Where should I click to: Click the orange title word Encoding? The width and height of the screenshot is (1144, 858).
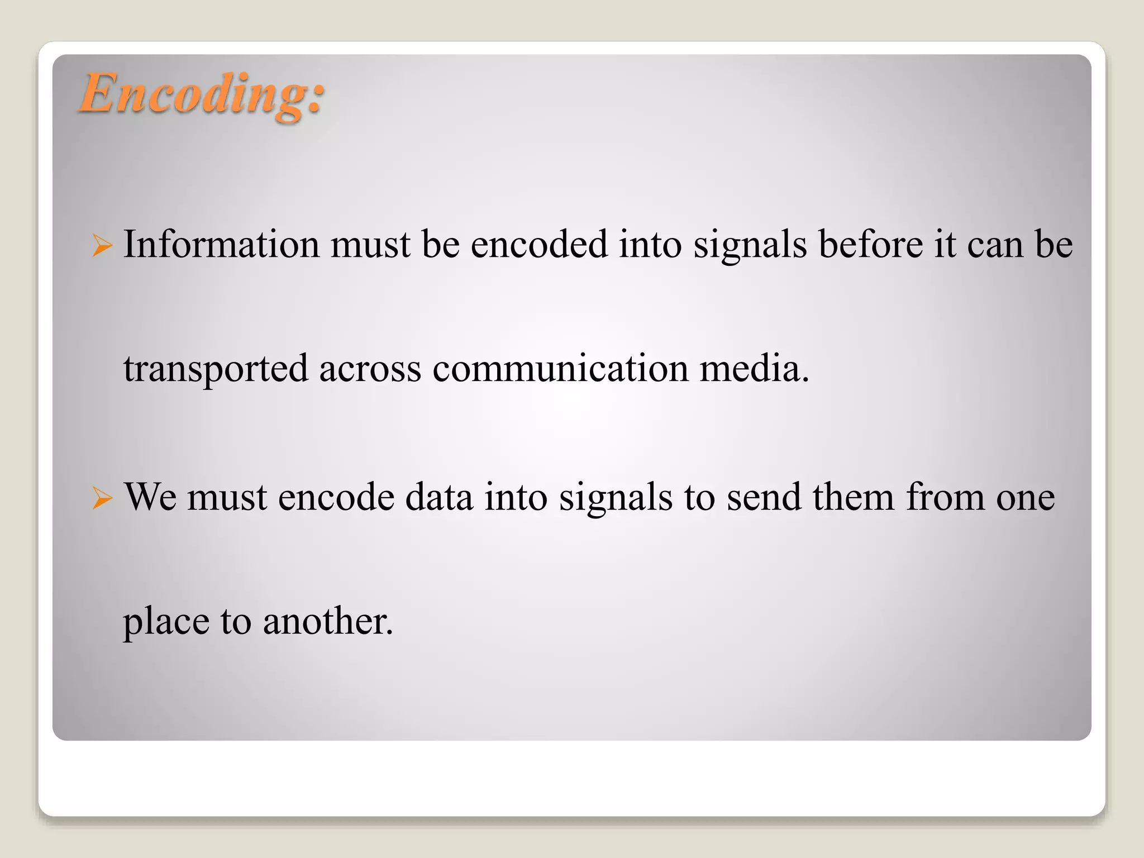201,94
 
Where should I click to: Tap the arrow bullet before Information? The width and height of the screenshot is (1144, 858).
102,245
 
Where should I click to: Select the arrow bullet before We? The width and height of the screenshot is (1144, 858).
102,497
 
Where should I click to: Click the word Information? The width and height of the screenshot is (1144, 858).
221,244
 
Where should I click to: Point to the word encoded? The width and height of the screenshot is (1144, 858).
539,244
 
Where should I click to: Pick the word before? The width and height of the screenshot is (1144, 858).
871,244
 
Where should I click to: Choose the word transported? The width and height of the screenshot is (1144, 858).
216,369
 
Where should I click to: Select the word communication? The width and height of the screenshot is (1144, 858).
560,369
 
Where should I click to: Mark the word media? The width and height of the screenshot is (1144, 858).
754,369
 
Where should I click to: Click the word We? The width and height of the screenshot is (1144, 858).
150,497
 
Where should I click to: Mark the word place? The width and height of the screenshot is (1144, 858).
166,622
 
